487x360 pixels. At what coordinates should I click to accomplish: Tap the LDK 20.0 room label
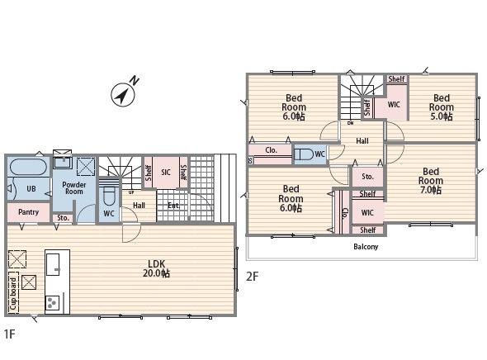click(x=156, y=268)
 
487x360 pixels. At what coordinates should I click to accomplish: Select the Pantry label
click(x=28, y=212)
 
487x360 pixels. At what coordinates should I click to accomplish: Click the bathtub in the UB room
click(x=28, y=167)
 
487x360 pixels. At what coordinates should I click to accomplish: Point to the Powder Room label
click(x=74, y=188)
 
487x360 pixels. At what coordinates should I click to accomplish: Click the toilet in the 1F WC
click(x=109, y=195)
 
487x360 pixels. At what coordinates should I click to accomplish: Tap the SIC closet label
click(x=166, y=172)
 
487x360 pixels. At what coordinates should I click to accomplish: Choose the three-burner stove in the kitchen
click(x=52, y=302)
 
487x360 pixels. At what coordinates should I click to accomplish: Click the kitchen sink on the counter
click(x=53, y=264)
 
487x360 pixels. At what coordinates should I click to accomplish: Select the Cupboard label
click(x=13, y=293)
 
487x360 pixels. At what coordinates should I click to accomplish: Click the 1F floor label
click(x=9, y=334)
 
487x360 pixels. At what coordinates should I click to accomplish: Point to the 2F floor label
click(x=252, y=276)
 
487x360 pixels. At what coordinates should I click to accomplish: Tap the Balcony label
click(x=366, y=247)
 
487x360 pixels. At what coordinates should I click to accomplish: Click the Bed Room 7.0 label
click(x=431, y=181)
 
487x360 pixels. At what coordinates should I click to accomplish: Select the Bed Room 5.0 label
click(x=442, y=107)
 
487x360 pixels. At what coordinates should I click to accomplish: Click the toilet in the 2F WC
click(x=304, y=154)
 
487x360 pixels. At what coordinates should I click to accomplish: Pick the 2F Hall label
click(x=362, y=141)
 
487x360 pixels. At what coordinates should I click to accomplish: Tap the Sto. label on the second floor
click(x=367, y=177)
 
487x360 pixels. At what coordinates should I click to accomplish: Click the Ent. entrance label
click(x=173, y=206)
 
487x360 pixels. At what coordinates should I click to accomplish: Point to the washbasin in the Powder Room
click(x=63, y=163)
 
